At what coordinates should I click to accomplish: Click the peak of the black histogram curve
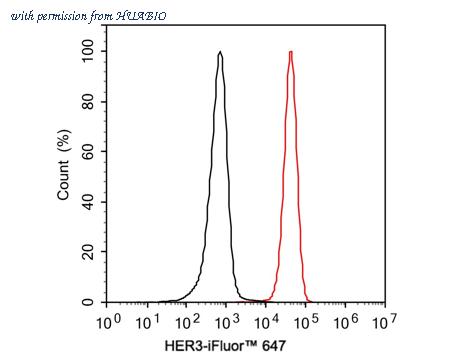tap(219, 52)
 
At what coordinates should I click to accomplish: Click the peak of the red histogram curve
tap(290, 52)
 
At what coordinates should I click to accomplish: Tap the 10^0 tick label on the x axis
tap(109, 322)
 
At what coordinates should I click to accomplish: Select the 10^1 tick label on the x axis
tap(149, 322)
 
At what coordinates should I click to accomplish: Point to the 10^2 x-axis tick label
tap(188, 322)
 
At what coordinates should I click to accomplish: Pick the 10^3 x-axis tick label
tap(227, 322)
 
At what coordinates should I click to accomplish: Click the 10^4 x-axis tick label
tap(267, 322)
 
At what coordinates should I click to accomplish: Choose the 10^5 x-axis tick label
tap(306, 322)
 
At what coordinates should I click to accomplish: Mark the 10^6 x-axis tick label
tap(346, 322)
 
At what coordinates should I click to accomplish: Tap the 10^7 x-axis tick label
tap(385, 322)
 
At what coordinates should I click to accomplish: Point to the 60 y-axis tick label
tap(89, 151)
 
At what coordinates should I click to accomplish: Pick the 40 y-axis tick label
tap(89, 201)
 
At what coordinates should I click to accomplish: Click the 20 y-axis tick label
tap(89, 252)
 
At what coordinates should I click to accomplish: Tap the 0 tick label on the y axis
tap(92, 302)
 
